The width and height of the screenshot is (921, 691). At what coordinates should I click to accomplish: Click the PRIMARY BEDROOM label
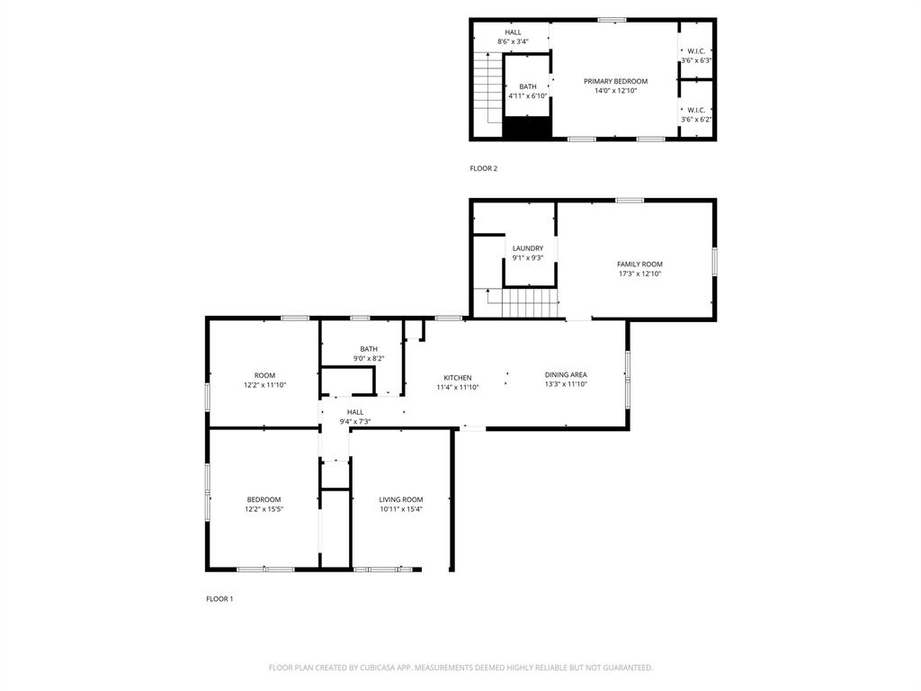tap(615, 81)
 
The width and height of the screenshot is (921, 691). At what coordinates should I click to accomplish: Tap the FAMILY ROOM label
tap(639, 264)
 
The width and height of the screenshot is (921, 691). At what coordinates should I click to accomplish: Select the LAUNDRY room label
tap(528, 248)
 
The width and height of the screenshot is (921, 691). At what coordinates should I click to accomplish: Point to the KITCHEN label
tap(457, 378)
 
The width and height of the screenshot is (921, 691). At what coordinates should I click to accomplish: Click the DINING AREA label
tap(566, 374)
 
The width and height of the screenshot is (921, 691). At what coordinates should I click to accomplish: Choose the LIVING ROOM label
tap(400, 499)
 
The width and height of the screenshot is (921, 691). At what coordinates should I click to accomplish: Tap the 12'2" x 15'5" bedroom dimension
tap(264, 509)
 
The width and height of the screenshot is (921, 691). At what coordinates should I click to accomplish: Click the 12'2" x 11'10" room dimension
tap(264, 385)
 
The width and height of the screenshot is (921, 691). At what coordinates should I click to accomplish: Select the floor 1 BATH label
tap(369, 349)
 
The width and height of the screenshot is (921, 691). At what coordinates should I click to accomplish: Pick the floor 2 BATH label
tap(528, 86)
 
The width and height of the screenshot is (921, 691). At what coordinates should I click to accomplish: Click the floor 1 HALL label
tap(355, 412)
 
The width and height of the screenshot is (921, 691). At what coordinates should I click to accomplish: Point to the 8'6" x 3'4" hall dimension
tap(513, 41)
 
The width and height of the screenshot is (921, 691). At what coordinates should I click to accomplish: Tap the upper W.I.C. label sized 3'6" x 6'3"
tap(696, 51)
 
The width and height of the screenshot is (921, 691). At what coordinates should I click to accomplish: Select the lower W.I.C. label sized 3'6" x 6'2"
tap(696, 110)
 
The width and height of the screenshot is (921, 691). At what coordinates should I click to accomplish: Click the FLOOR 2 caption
tap(483, 168)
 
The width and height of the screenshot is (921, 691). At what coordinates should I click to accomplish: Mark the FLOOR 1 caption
tap(219, 598)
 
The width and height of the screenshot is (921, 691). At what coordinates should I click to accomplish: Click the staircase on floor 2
tap(487, 88)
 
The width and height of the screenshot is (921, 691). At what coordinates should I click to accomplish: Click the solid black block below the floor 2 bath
tap(526, 129)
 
